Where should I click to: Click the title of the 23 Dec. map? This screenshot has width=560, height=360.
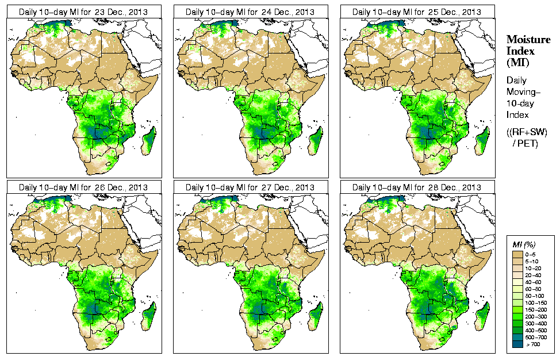click(83, 12)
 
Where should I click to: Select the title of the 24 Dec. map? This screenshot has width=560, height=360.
click(250, 12)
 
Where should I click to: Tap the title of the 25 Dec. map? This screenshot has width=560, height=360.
click(416, 12)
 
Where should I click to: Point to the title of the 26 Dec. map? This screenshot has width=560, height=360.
click(83, 187)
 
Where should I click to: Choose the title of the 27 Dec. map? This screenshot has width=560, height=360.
click(250, 187)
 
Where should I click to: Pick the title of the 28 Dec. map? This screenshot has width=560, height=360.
click(416, 187)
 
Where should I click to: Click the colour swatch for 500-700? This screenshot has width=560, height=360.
click(517, 338)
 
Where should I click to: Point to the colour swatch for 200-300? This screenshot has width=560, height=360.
click(517, 316)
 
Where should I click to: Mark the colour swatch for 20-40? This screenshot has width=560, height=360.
click(517, 275)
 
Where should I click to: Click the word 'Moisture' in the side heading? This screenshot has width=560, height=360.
click(528, 39)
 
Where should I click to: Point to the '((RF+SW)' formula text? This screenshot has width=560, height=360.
click(528, 132)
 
